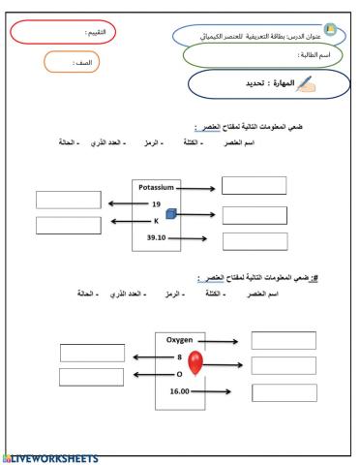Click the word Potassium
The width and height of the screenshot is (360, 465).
[154, 187]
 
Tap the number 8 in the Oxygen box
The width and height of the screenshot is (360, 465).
[180, 357]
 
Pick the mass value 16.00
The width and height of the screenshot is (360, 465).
[180, 390]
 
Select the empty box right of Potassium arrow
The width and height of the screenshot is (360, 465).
[255, 186]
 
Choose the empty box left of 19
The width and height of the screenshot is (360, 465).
[68, 201]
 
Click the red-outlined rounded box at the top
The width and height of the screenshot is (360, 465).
[61, 32]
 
